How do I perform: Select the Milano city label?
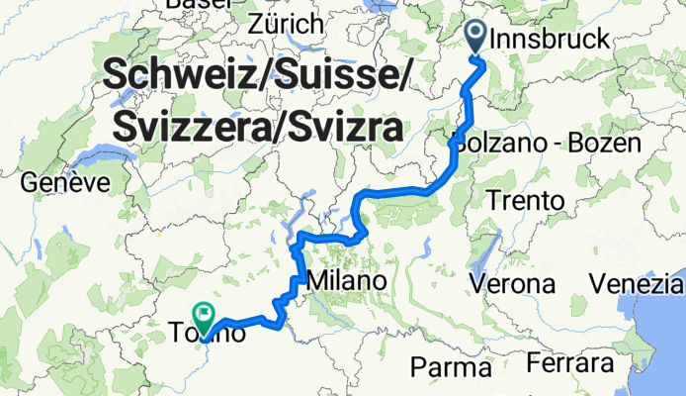tap(346, 282)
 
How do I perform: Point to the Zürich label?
tap(287, 23)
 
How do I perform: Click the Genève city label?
tap(64, 183)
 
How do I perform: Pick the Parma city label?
tap(451, 368)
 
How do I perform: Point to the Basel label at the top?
tap(198, 4)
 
